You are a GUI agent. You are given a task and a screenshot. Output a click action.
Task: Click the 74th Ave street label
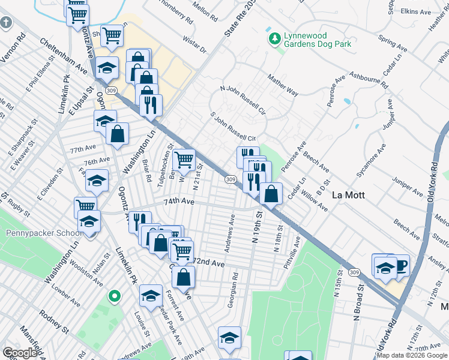click(180, 203)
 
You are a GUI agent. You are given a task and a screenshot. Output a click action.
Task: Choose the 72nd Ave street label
click(209, 263)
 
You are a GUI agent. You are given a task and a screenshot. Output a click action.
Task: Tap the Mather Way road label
click(283, 85)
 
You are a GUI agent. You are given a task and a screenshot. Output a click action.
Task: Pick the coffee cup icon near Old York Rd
click(399, 264)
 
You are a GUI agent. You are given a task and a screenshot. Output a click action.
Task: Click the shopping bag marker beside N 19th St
click(271, 193)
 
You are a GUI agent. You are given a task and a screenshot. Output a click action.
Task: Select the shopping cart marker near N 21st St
click(184, 160)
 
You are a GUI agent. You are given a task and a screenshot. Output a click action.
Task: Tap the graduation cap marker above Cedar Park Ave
click(151, 295)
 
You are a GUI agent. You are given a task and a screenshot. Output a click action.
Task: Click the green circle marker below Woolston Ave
click(113, 295)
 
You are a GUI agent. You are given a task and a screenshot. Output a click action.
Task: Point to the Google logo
click(20, 353)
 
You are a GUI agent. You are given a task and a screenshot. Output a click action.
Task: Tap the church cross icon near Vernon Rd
click(6, 23)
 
